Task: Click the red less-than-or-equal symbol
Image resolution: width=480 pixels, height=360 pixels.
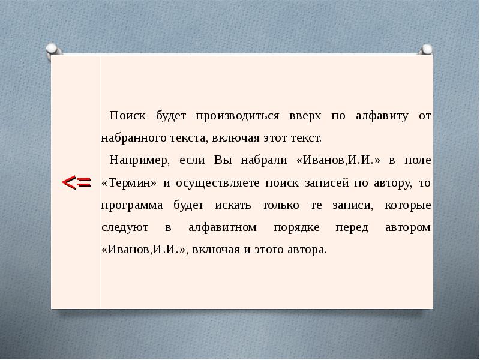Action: point(77,183)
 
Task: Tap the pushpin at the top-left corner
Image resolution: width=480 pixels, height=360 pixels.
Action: point(53,50)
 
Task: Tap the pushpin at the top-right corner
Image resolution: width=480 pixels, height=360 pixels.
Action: point(426,50)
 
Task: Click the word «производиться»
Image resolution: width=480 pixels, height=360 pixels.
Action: point(238,116)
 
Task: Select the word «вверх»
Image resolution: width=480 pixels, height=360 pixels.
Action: point(305,116)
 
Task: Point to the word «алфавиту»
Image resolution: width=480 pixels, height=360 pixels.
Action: point(382,116)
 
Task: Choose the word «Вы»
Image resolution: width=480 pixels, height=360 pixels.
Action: point(223,160)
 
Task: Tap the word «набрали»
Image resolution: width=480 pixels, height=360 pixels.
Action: point(264,160)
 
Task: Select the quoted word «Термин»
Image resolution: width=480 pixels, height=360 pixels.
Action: point(129,183)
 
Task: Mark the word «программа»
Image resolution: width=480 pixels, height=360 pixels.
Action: point(132,206)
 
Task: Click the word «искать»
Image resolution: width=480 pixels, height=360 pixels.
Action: point(233,205)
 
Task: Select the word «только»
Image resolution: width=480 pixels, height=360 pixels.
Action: point(281,205)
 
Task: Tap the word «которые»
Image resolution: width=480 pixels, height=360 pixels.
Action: point(408,206)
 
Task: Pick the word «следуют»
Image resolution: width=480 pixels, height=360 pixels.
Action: point(125,228)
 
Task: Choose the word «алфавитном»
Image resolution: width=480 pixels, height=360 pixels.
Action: point(223,227)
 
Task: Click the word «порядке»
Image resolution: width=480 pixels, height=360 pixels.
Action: point(296,228)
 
